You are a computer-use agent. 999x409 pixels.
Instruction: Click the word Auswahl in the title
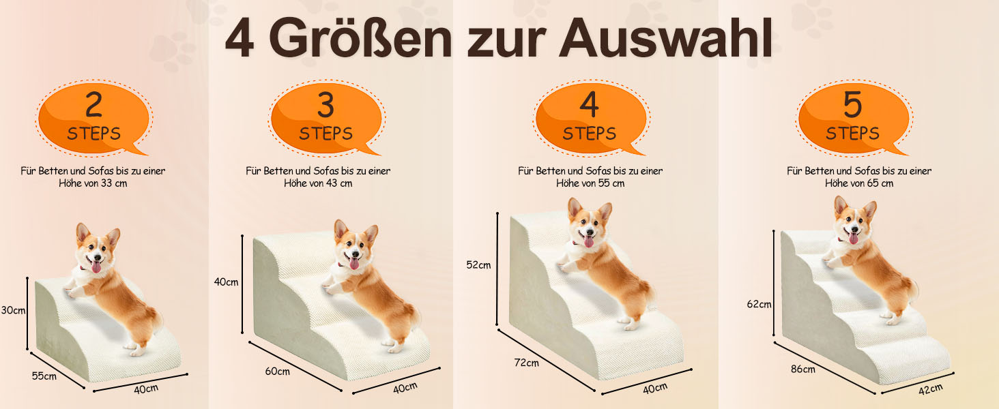point(666,38)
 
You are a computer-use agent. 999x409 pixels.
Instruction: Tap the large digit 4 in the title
point(240,38)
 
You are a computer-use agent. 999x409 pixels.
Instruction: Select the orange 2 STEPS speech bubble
point(93,119)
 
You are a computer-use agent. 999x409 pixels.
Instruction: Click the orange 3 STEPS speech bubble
point(326,119)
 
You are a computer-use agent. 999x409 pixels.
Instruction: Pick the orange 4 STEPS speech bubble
point(590,119)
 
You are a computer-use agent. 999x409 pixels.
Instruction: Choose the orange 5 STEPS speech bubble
point(854,119)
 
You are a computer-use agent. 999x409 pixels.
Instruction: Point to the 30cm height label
point(13,310)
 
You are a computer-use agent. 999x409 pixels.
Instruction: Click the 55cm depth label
point(44,376)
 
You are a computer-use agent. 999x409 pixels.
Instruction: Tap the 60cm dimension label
point(278,371)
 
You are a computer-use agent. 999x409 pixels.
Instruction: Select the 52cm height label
point(478,264)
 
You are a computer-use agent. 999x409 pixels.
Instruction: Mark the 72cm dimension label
point(526,363)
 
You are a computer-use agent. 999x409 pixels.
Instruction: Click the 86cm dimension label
point(802,369)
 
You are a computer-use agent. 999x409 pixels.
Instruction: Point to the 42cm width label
point(931,389)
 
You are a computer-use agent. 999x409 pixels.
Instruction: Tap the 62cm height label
point(759,304)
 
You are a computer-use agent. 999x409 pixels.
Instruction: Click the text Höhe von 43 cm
point(318,183)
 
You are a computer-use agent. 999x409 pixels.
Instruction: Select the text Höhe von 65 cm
point(859,183)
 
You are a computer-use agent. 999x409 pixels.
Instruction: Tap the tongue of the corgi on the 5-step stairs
point(853,238)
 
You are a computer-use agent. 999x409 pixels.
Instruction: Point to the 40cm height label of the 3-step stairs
point(226,282)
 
